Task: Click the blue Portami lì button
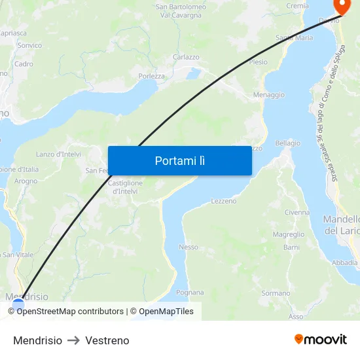pos(179,160)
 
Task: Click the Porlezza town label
pos(151,76)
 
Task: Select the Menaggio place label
pos(268,95)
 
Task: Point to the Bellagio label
pos(288,143)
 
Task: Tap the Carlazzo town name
pos(186,57)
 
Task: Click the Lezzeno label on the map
pos(224,201)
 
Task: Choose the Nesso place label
pos(188,247)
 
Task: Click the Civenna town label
pos(297,213)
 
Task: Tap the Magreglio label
pos(289,234)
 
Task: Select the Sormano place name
pos(275,293)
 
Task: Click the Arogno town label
pos(26,181)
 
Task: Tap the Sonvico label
pos(29,45)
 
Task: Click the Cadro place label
pos(24,64)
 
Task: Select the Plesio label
pos(259,62)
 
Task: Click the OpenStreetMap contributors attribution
pos(70,312)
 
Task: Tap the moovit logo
pos(321,340)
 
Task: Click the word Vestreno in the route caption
pos(107,340)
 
